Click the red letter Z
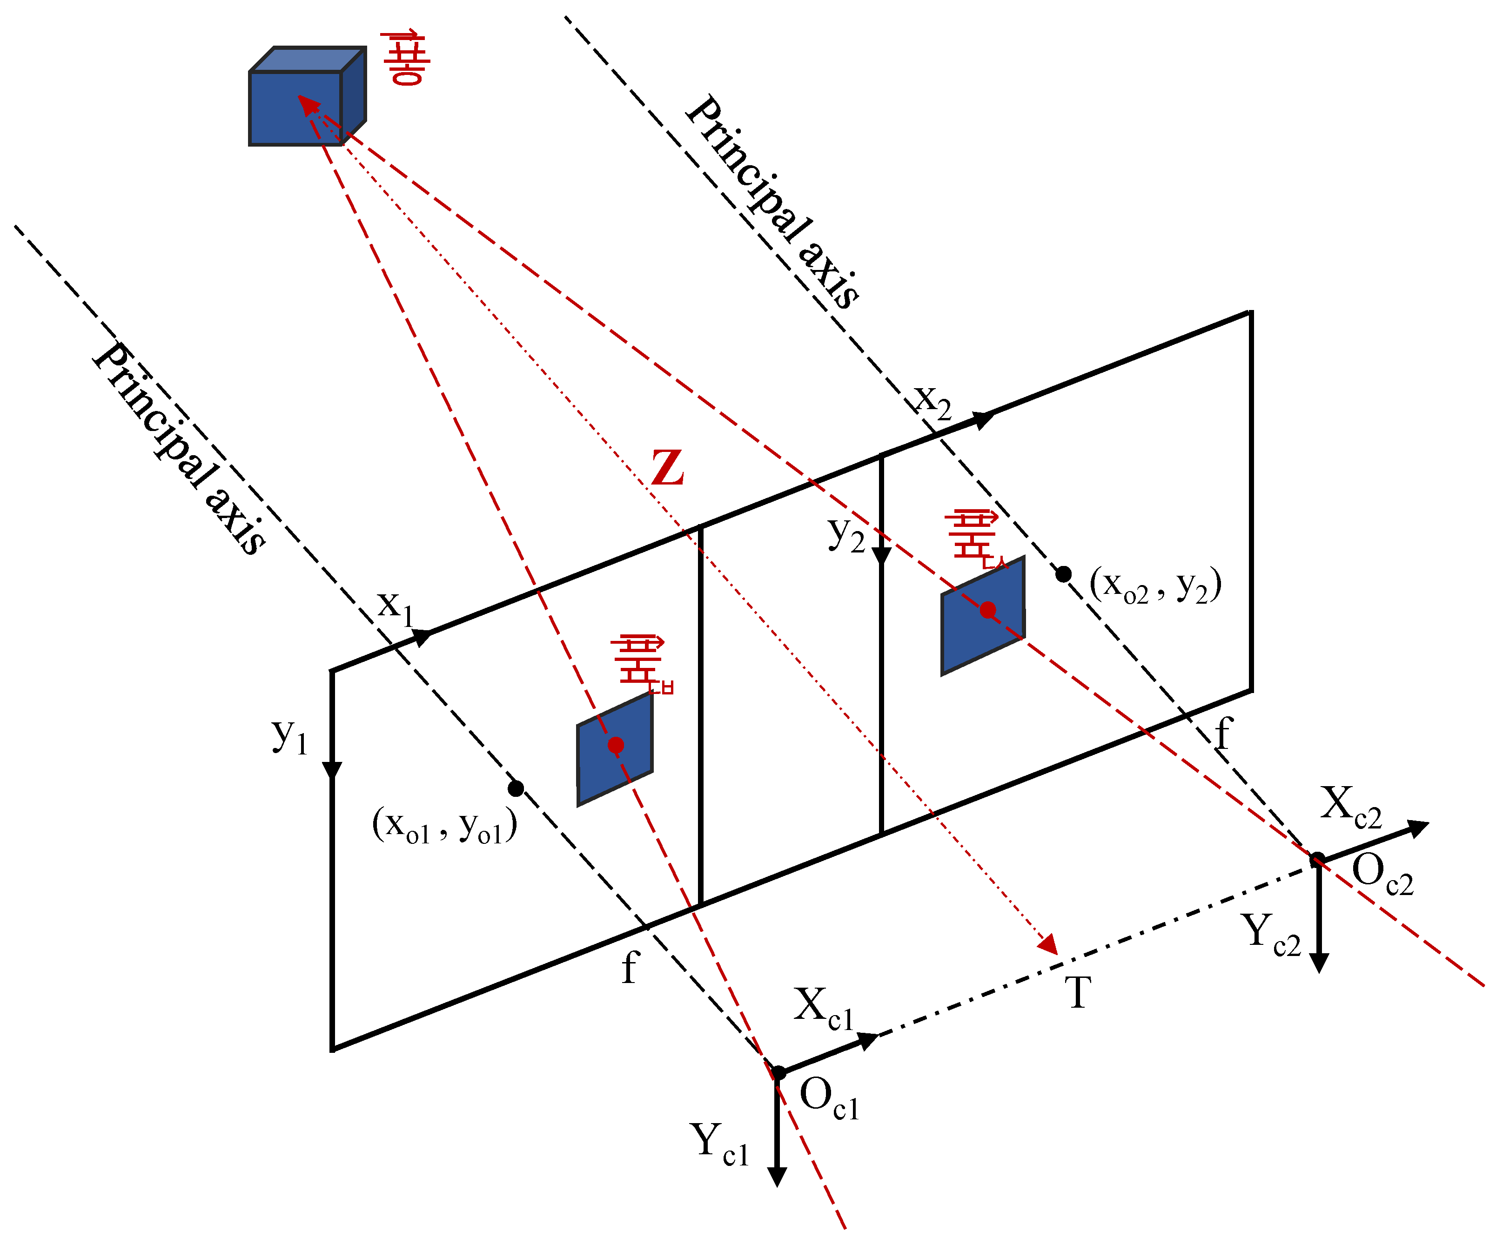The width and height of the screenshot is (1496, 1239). pyautogui.click(x=668, y=468)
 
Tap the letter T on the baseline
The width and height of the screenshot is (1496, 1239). pyautogui.click(x=1078, y=992)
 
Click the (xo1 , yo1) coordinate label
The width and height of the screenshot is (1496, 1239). pyautogui.click(x=444, y=827)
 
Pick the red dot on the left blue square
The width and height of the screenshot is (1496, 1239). pyautogui.click(x=616, y=745)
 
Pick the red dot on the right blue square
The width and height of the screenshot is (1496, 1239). pyautogui.click(x=987, y=610)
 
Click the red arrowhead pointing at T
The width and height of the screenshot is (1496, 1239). pyautogui.click(x=1049, y=945)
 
